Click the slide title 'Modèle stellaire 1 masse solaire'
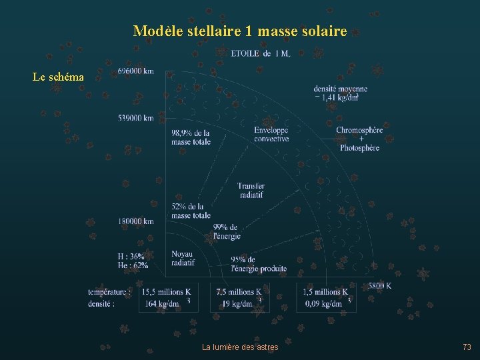(240, 31)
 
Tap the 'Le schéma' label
(59, 77)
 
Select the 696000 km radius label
(135, 71)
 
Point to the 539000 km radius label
(136, 118)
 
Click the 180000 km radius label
(136, 221)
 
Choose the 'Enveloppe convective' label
(271, 135)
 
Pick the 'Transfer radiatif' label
(251, 190)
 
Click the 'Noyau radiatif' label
(183, 258)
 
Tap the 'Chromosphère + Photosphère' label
(359, 139)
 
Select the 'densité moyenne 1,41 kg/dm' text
(340, 93)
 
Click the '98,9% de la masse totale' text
(191, 137)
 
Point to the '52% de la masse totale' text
(191, 211)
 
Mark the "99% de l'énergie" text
(227, 231)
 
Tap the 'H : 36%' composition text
(131, 256)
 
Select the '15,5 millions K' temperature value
(166, 292)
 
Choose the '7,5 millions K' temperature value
(239, 292)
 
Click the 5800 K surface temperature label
(379, 286)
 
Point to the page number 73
(467, 347)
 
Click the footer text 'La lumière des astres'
(240, 347)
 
